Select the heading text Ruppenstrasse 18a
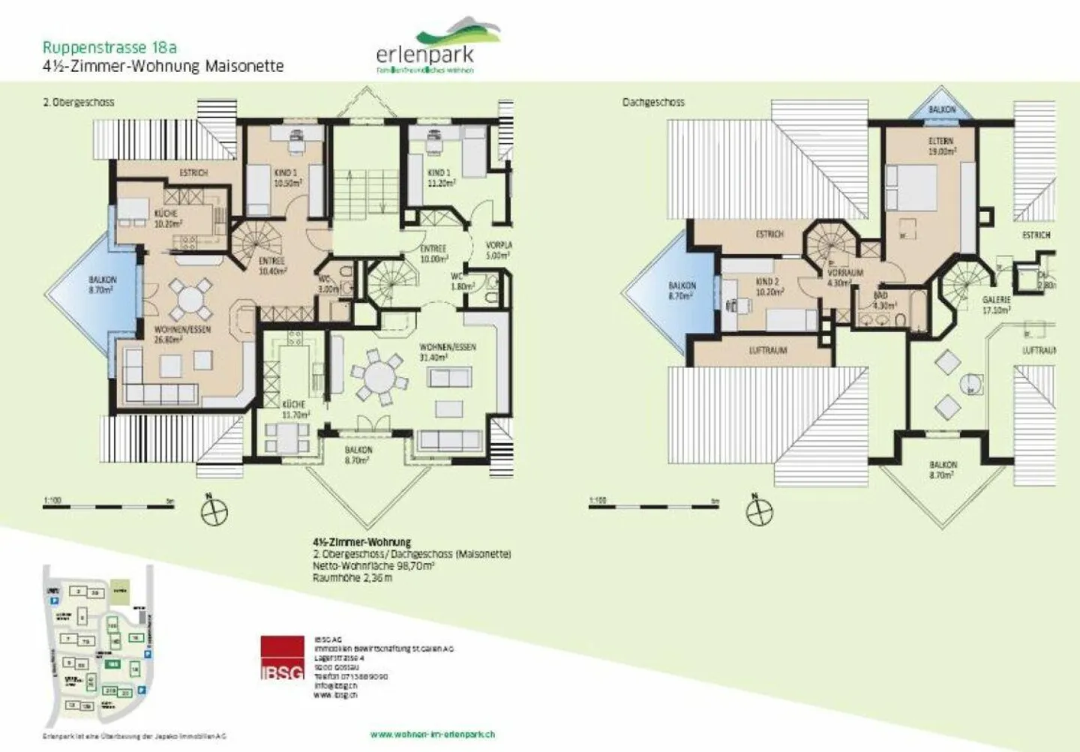(x=109, y=48)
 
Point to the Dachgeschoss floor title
(x=653, y=102)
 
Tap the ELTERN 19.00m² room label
(x=941, y=146)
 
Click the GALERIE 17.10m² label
(x=997, y=304)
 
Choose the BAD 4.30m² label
(x=883, y=301)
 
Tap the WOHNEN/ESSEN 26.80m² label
(x=182, y=334)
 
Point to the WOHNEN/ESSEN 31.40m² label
(x=447, y=352)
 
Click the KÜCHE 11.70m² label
(x=295, y=409)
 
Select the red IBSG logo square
(x=283, y=658)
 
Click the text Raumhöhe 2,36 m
(x=352, y=578)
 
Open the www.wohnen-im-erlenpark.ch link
(x=432, y=734)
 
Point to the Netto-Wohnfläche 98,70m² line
(x=373, y=566)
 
